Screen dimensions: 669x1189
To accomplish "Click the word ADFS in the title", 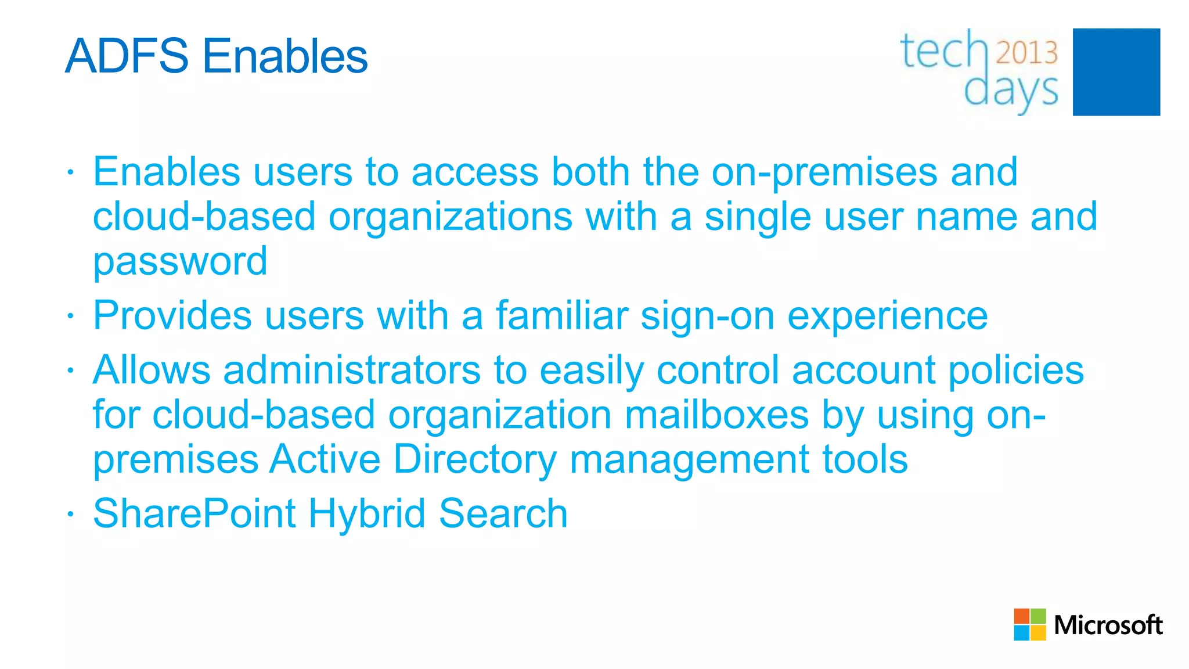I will point(127,56).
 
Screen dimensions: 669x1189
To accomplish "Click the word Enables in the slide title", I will point(285,56).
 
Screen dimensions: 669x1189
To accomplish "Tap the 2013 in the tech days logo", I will point(1026,53).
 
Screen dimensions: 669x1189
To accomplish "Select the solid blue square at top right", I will point(1116,72).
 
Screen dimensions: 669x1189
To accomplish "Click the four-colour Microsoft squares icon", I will point(1029,624).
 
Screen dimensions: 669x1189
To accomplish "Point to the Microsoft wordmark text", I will point(1108,625).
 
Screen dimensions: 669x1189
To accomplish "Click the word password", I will point(180,261).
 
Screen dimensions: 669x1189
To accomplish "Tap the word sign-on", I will point(707,317).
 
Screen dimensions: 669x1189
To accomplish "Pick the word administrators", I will point(352,370).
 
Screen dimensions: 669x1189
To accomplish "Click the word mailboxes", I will point(716,415).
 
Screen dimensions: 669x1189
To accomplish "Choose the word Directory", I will point(475,459).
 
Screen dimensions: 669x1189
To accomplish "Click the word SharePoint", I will point(194,513).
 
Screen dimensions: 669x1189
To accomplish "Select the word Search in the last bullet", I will point(503,513).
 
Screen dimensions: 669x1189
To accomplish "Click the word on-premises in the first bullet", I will point(824,172).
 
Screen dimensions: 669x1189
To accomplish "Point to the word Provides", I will point(172,316).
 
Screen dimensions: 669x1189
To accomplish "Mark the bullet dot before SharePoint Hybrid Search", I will point(70,513).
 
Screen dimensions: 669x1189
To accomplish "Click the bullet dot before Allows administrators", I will point(70,370).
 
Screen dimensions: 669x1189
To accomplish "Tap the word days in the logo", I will point(1011,92).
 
